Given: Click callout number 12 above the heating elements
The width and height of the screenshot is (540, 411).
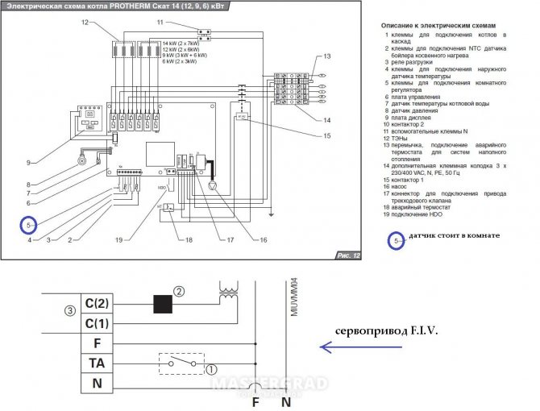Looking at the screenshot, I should coord(85,24).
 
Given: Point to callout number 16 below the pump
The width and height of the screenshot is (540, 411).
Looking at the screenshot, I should coord(262,239).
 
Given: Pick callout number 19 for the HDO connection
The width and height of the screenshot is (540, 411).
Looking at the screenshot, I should coord(118,239).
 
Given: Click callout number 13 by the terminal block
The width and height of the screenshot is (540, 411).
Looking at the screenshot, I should coord(327,58).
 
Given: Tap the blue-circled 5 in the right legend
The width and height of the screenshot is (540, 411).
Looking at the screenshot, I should coord(395,239).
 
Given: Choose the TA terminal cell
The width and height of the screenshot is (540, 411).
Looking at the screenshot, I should coord(95,363).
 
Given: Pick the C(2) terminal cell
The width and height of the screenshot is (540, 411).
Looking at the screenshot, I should coord(95,305).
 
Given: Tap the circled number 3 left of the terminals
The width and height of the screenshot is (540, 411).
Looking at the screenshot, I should coord(70,310).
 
